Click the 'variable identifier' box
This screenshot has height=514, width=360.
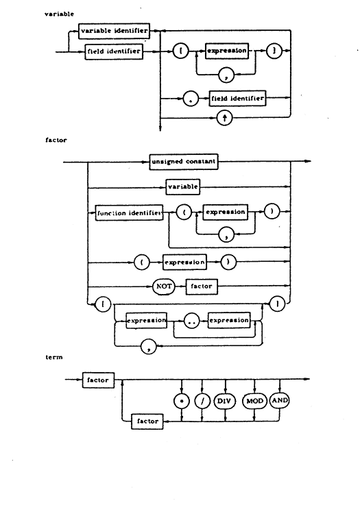click(114, 31)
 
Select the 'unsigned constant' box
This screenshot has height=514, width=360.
click(184, 162)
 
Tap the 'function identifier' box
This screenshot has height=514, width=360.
click(129, 212)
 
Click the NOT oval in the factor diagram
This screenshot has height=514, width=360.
click(164, 286)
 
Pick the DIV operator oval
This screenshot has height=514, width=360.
click(225, 401)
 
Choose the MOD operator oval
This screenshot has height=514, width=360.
click(254, 401)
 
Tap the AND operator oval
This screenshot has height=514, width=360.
click(279, 401)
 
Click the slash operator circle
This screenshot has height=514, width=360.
click(202, 401)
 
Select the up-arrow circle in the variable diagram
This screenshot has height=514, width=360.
click(225, 118)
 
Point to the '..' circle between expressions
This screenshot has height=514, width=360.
click(192, 321)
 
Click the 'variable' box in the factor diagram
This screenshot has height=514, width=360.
click(183, 187)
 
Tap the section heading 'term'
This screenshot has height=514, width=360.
click(54, 357)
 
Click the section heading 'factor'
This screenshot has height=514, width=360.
click(56, 140)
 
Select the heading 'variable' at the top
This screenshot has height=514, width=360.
click(60, 14)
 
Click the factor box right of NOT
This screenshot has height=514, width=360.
click(202, 286)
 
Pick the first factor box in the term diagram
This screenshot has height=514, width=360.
click(98, 380)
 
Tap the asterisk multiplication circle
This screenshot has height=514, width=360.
click(182, 401)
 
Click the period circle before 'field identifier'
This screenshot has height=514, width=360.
click(191, 98)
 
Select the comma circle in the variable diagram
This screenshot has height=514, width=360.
click(226, 75)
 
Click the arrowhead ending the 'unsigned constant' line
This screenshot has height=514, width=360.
click(307, 161)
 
